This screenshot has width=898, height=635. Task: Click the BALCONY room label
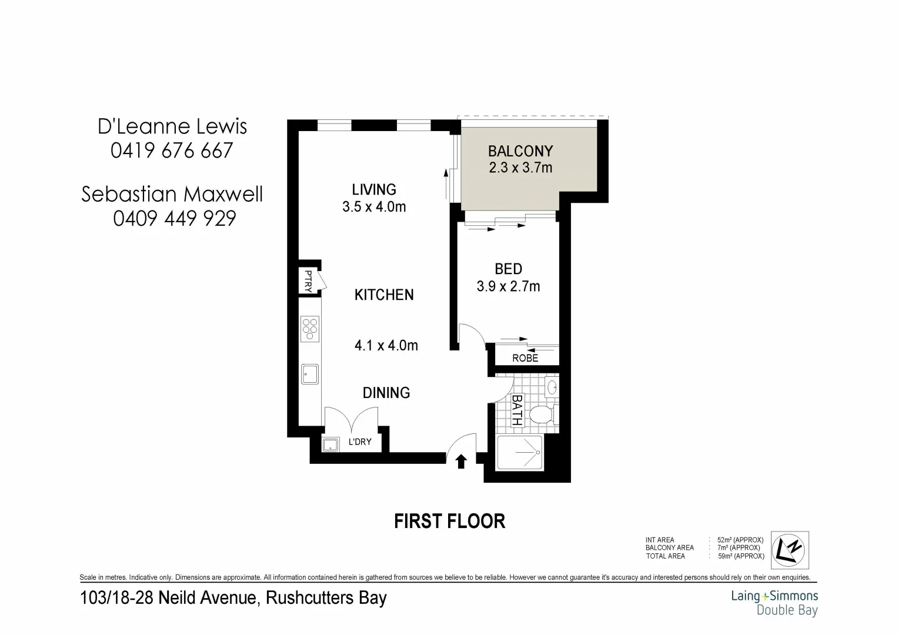point(520,152)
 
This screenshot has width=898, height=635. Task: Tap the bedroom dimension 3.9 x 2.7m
point(508,287)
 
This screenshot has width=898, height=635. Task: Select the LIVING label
point(374,189)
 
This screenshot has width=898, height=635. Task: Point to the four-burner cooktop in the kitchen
point(309,329)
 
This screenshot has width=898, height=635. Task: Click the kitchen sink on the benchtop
point(309,375)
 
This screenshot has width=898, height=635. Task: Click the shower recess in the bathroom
point(519,453)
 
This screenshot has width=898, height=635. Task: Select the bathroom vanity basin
point(552,387)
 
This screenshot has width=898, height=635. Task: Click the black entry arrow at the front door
point(461,462)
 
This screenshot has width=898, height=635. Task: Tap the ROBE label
point(525,358)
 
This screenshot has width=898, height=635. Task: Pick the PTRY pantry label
point(308,280)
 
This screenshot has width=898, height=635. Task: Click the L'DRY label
point(359,442)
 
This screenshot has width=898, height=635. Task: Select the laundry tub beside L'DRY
point(331,444)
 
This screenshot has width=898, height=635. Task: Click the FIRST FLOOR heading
point(449,522)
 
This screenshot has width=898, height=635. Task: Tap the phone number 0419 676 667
point(172,151)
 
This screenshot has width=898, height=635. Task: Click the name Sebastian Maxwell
point(172,194)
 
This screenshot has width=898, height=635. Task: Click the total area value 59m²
point(740,556)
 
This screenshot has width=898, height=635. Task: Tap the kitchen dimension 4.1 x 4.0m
point(386,346)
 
